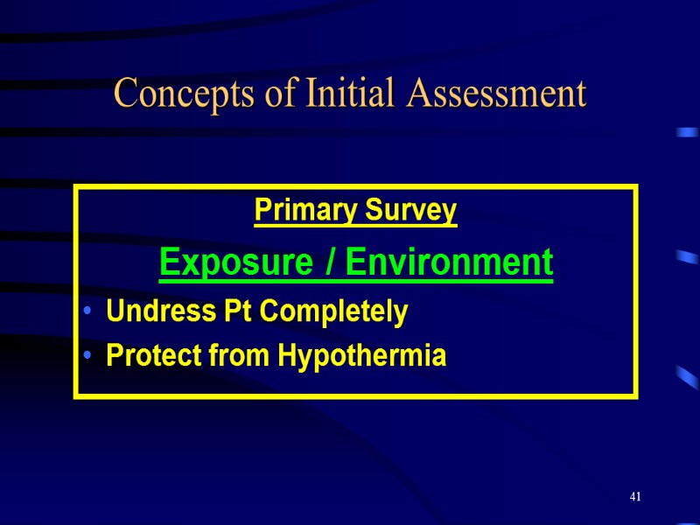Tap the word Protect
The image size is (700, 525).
pos(144,356)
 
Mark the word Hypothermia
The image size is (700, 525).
pos(361,356)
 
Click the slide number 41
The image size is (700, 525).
pos(635,497)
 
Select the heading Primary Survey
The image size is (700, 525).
pos(355,211)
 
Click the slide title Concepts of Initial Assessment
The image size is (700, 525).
pos(350,94)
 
